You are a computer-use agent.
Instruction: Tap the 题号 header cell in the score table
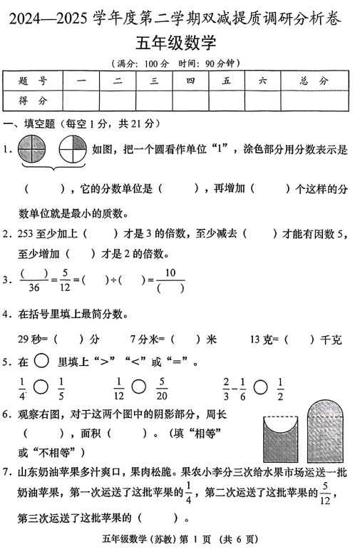pos(34,82)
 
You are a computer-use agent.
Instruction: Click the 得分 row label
pos(34,101)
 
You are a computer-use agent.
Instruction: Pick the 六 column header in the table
pos(262,82)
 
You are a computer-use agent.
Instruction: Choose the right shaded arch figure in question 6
pos(326,431)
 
